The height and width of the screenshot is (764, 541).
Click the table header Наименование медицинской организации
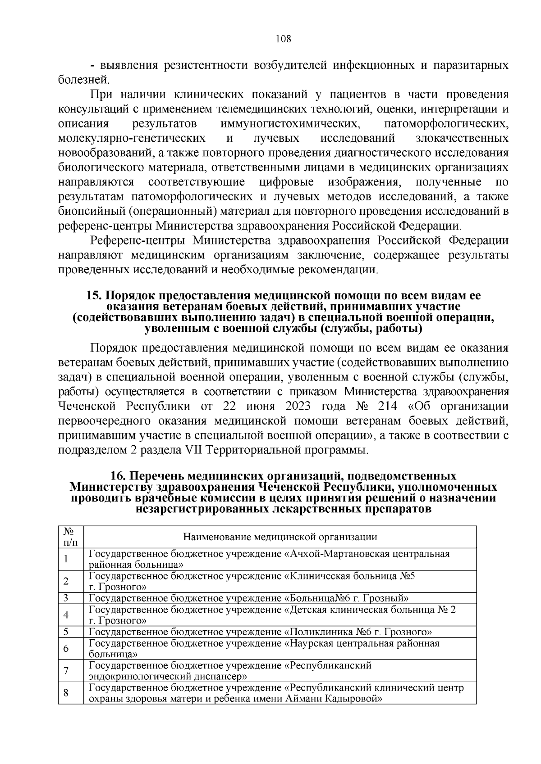pos(280,537)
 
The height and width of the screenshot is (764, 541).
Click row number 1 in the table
pos(66,559)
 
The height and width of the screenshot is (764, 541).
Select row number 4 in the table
pos(66,615)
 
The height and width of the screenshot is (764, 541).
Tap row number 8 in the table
pos(66,693)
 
